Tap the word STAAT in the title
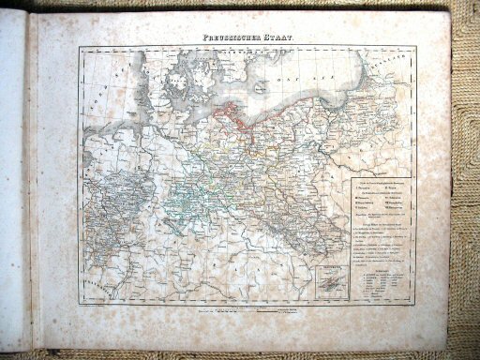(x=278, y=37)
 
